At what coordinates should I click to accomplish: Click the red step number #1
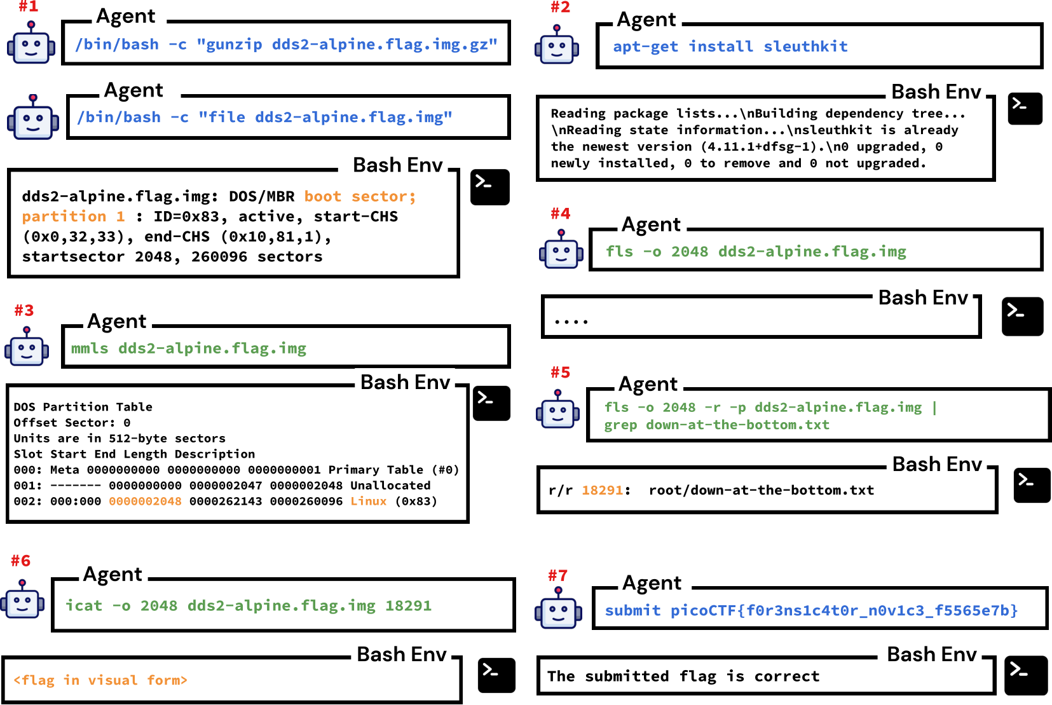click(28, 7)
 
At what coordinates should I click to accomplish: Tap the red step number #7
click(557, 576)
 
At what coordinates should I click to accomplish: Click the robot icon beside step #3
click(27, 346)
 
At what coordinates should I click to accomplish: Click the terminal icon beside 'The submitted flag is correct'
click(1025, 675)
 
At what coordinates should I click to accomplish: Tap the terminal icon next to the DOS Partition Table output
click(491, 403)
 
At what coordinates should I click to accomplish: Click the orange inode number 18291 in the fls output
click(603, 490)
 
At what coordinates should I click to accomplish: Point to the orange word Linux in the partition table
click(369, 501)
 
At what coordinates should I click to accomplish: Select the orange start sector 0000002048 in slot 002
click(145, 501)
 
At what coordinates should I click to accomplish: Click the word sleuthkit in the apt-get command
click(805, 46)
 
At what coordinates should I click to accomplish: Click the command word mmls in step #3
click(90, 348)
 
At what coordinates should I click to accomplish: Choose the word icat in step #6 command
click(84, 605)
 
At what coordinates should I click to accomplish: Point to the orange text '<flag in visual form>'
click(100, 680)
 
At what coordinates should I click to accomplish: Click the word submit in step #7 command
click(632, 610)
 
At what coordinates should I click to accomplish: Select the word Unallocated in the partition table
click(390, 485)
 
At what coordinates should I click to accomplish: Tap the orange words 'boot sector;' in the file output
click(360, 196)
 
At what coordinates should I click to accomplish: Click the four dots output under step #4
click(571, 322)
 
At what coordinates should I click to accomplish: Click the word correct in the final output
click(787, 676)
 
